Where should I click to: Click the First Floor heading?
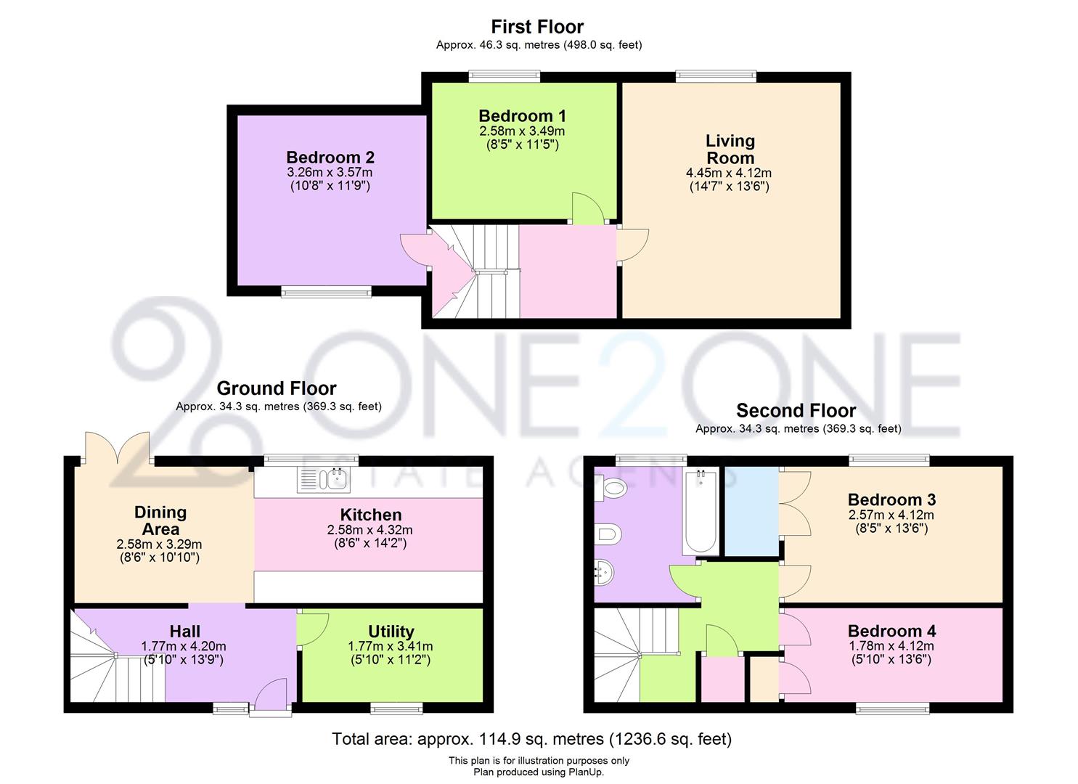537,27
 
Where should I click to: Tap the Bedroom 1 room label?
522,116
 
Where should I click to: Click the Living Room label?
730,150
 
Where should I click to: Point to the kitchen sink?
324,480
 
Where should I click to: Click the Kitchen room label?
370,515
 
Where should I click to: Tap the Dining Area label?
160,521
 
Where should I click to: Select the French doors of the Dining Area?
118,449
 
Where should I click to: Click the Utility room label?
391,631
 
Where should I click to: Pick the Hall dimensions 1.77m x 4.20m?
184,646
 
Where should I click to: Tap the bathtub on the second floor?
701,512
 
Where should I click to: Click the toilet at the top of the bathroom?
610,489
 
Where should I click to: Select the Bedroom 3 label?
891,499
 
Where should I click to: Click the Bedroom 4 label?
891,631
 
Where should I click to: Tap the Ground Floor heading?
277,388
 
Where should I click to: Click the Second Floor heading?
796,410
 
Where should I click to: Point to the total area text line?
531,739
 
